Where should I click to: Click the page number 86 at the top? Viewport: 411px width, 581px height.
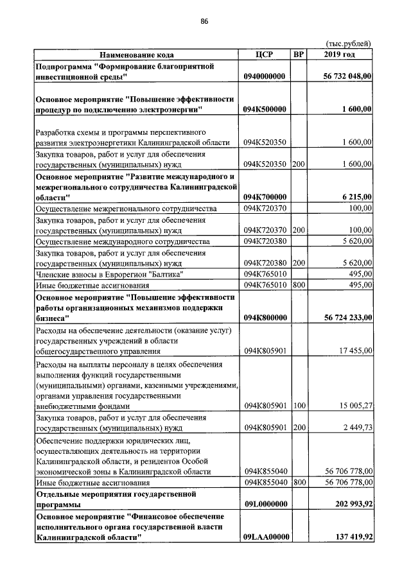tap(205, 21)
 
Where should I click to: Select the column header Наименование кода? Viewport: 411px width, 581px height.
tap(136, 55)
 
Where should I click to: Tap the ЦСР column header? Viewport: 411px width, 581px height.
tap(265, 55)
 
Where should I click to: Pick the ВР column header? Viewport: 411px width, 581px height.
tap(298, 55)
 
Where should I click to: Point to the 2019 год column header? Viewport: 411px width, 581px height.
tap(340, 55)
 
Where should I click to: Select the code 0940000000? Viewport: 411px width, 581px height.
tap(265, 76)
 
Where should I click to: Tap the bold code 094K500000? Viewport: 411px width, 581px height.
tap(265, 109)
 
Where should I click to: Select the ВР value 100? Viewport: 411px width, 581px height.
tap(298, 406)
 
